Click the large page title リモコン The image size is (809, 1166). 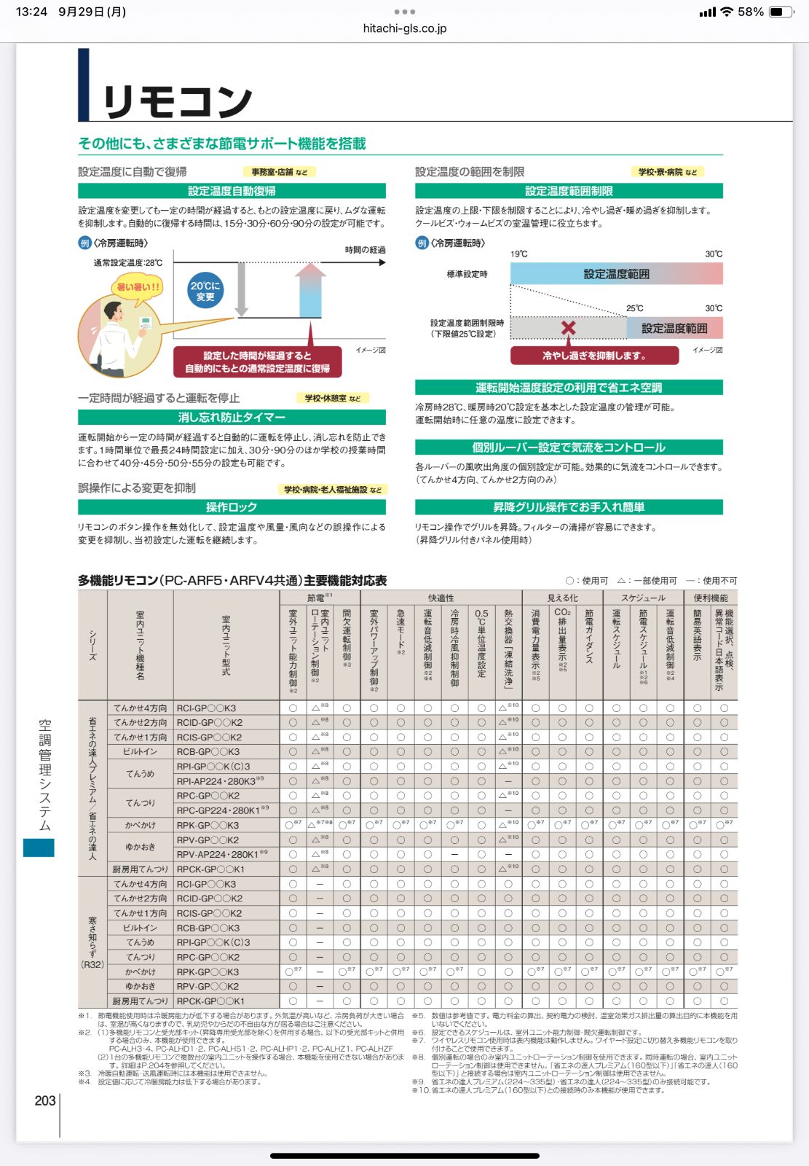point(178,101)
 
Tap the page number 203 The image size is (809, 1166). point(45,1100)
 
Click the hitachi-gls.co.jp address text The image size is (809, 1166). point(404,28)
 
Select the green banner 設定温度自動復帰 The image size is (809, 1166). point(232,191)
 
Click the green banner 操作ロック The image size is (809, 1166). point(232,507)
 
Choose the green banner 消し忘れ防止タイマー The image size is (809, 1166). point(232,418)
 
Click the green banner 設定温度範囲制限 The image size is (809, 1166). point(569,191)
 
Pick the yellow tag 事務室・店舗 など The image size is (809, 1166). point(279,172)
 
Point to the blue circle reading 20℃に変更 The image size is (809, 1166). point(205,291)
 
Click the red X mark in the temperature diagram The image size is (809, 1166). point(568,328)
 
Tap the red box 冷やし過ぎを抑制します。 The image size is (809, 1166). point(594,356)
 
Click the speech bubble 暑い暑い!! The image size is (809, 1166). point(138,287)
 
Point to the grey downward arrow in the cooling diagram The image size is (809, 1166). point(242,289)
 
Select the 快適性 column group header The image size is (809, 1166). point(441,598)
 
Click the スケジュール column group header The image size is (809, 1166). point(643,598)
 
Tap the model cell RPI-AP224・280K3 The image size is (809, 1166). point(216,781)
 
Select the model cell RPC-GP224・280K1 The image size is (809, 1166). point(218,810)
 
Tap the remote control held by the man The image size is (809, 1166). point(145,323)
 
